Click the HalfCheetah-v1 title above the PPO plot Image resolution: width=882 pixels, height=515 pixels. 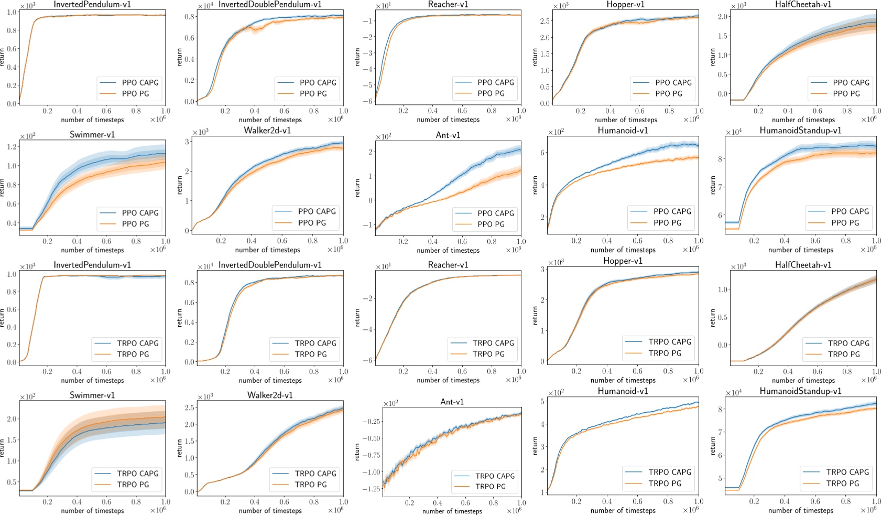[x=803, y=5]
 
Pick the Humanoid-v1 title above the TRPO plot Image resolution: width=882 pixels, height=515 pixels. [x=623, y=391]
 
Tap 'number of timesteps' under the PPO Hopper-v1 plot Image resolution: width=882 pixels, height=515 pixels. [x=626, y=120]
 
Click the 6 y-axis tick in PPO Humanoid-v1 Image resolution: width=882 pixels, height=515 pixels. [x=542, y=153]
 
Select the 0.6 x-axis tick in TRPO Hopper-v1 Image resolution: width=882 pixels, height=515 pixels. [x=637, y=371]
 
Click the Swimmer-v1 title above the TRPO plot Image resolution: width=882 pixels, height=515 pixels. [x=92, y=395]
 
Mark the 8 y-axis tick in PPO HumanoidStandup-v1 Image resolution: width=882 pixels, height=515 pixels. [x=720, y=159]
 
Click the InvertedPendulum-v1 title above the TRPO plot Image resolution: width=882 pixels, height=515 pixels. [x=92, y=265]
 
